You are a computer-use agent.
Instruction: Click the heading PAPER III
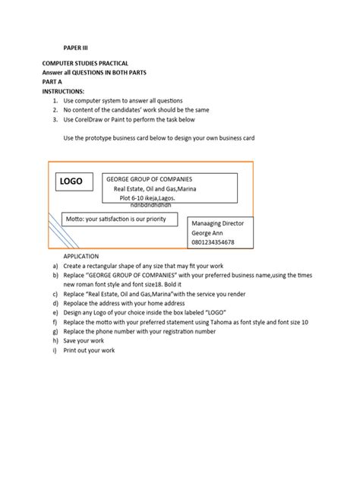coord(75,46)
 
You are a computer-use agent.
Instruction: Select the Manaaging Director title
coord(221,225)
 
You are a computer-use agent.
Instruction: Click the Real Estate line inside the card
coord(154,189)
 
